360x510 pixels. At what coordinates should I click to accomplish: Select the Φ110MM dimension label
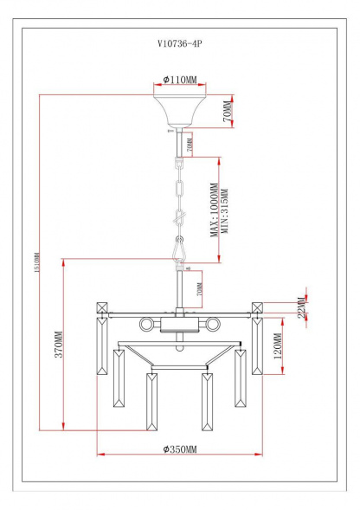(180, 80)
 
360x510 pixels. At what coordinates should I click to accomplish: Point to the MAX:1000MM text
(214, 209)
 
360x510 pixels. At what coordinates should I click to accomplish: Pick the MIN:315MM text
(223, 211)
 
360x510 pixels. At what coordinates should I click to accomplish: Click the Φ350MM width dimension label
(180, 449)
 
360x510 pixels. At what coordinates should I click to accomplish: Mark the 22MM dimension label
(300, 308)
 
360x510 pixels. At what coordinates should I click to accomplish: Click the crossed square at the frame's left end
(101, 307)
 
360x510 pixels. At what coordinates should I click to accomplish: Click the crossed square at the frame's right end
(258, 307)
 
